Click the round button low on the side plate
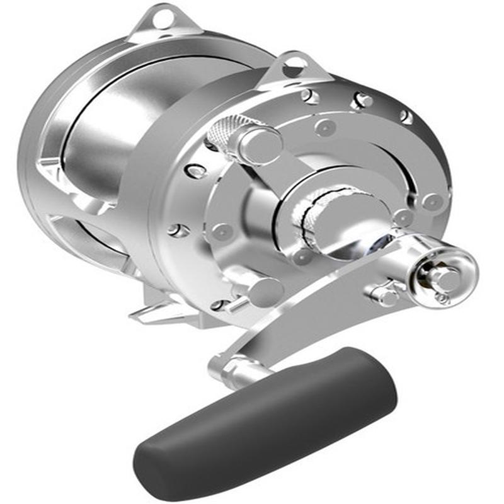(265, 292)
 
